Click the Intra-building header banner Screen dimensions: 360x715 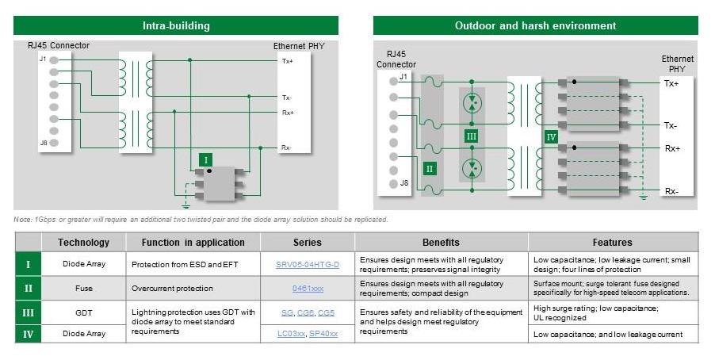coord(176,25)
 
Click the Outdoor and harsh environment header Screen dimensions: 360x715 coord(535,25)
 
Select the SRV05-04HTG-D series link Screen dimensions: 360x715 coord(307,264)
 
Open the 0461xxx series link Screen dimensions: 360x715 coord(307,288)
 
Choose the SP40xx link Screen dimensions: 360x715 coord(323,334)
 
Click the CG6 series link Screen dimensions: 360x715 coord(307,312)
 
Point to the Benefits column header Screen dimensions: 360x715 coord(441,242)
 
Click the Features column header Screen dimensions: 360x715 coord(613,242)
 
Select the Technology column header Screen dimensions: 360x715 coord(83,242)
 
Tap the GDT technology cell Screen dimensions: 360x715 coord(83,312)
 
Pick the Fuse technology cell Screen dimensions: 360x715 coord(83,288)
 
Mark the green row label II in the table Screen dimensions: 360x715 coord(27,288)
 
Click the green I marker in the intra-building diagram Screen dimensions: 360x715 coord(207,159)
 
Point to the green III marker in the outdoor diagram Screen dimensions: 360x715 coord(472,136)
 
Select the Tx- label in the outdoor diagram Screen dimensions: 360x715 coord(671,125)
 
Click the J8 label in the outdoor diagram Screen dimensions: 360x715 coord(403,183)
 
